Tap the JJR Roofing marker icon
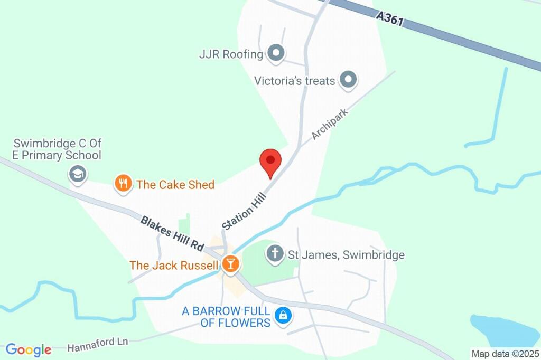tap(276, 53)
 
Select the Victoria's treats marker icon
tap(348, 80)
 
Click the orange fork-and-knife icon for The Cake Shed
tap(123, 184)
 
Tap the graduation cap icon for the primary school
tap(78, 174)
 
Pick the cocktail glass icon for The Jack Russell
tap(230, 263)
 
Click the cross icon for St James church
tap(275, 254)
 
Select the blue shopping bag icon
tap(284, 316)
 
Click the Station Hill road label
tap(244, 211)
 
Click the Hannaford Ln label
tap(98, 344)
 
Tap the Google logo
tap(29, 349)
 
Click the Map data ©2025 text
tap(505, 354)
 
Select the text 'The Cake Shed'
tap(175, 184)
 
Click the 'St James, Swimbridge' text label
tap(346, 255)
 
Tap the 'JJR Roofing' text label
tap(231, 54)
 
